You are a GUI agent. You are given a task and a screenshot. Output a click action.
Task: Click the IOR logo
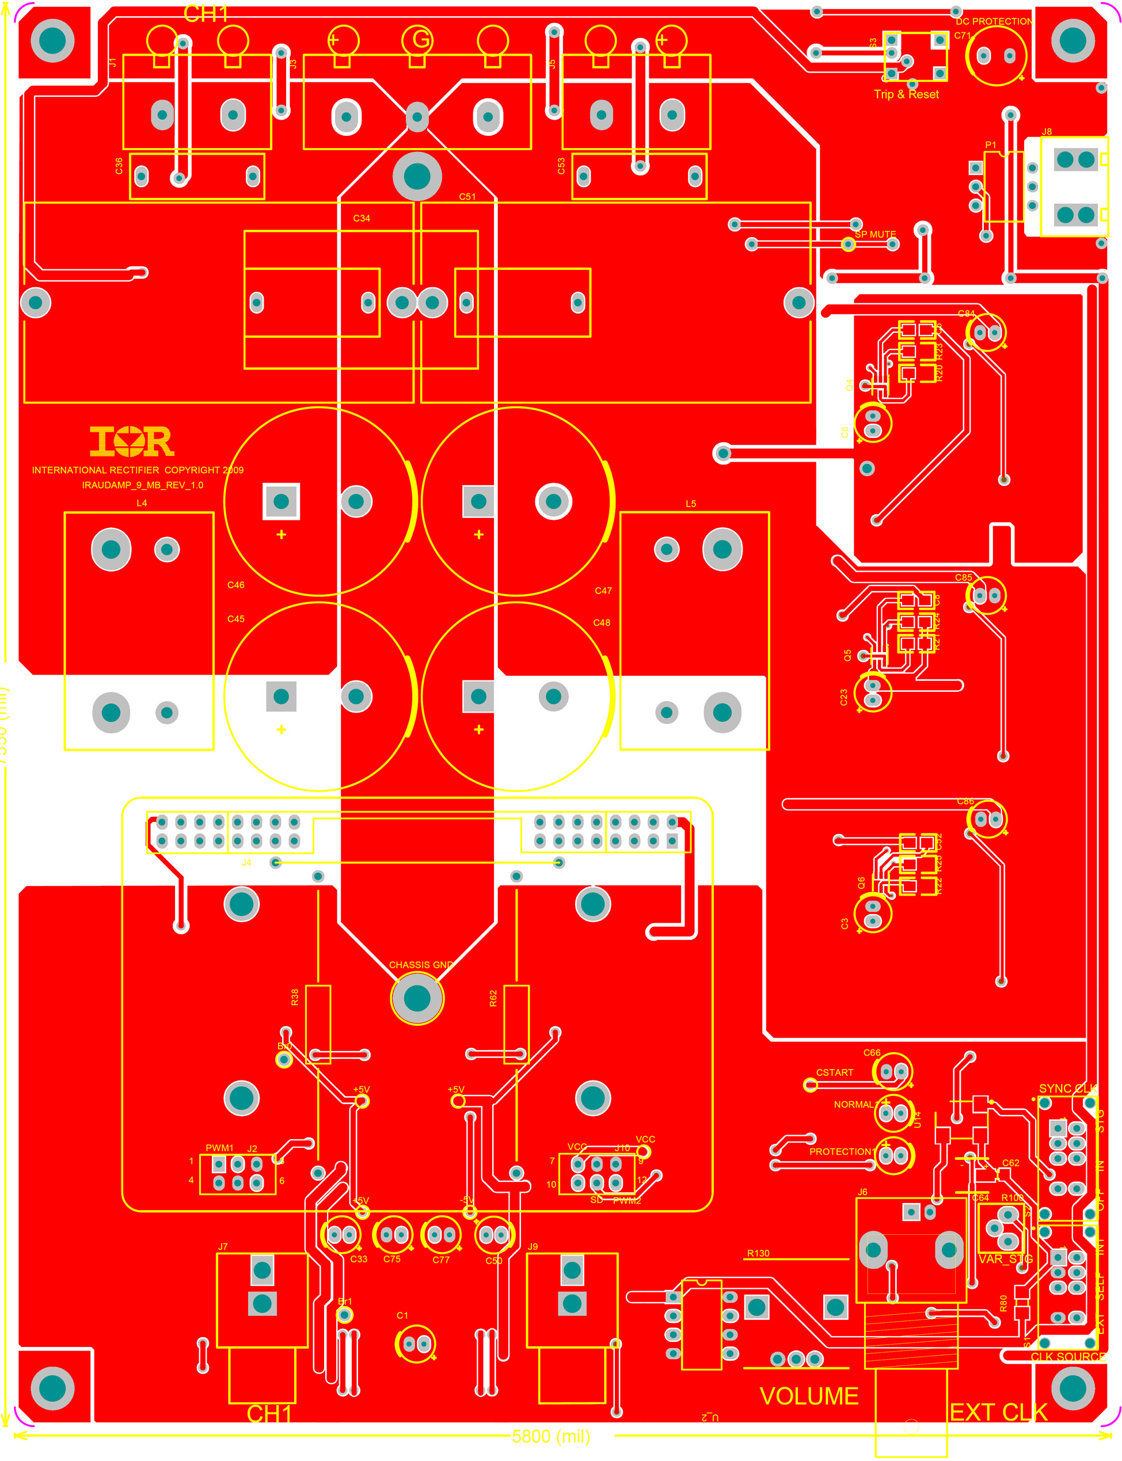point(132,442)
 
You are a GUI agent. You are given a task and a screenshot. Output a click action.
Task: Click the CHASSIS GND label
point(421,965)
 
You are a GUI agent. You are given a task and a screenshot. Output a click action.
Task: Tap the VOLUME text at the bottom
point(809,1396)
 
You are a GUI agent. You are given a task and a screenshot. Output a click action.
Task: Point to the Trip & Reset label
point(906,95)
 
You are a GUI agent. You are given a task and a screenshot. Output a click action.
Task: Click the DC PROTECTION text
point(994,21)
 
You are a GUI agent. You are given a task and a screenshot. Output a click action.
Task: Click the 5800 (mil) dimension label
point(551,1436)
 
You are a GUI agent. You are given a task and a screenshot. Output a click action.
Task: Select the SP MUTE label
point(875,234)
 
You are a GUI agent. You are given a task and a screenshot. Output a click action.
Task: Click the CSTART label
point(834,1072)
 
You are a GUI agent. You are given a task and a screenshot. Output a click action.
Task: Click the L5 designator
point(691,504)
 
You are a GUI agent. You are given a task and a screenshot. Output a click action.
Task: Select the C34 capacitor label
point(362,218)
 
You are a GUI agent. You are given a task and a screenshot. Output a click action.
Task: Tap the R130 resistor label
point(758,1253)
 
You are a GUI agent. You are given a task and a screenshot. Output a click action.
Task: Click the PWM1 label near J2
point(220,1148)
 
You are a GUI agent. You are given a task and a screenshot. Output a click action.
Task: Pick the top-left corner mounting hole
point(53,41)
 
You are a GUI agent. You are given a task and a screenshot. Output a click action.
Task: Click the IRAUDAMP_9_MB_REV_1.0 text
point(142,485)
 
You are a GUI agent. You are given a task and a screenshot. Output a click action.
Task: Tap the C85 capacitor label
point(963,577)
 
